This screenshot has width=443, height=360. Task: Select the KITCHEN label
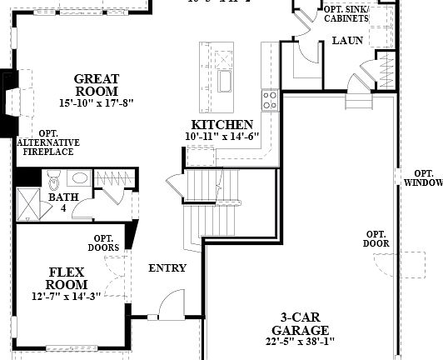pos(217,124)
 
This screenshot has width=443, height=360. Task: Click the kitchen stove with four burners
pos(270,101)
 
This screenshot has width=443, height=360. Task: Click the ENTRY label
pos(167,268)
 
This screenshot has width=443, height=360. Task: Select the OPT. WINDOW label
pos(422,177)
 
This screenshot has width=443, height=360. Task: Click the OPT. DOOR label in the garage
pos(376,238)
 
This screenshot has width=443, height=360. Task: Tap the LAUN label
pos(346,40)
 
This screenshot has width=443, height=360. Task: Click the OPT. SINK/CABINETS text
pos(347,13)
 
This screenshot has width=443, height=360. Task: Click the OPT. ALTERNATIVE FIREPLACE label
pos(48,142)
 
